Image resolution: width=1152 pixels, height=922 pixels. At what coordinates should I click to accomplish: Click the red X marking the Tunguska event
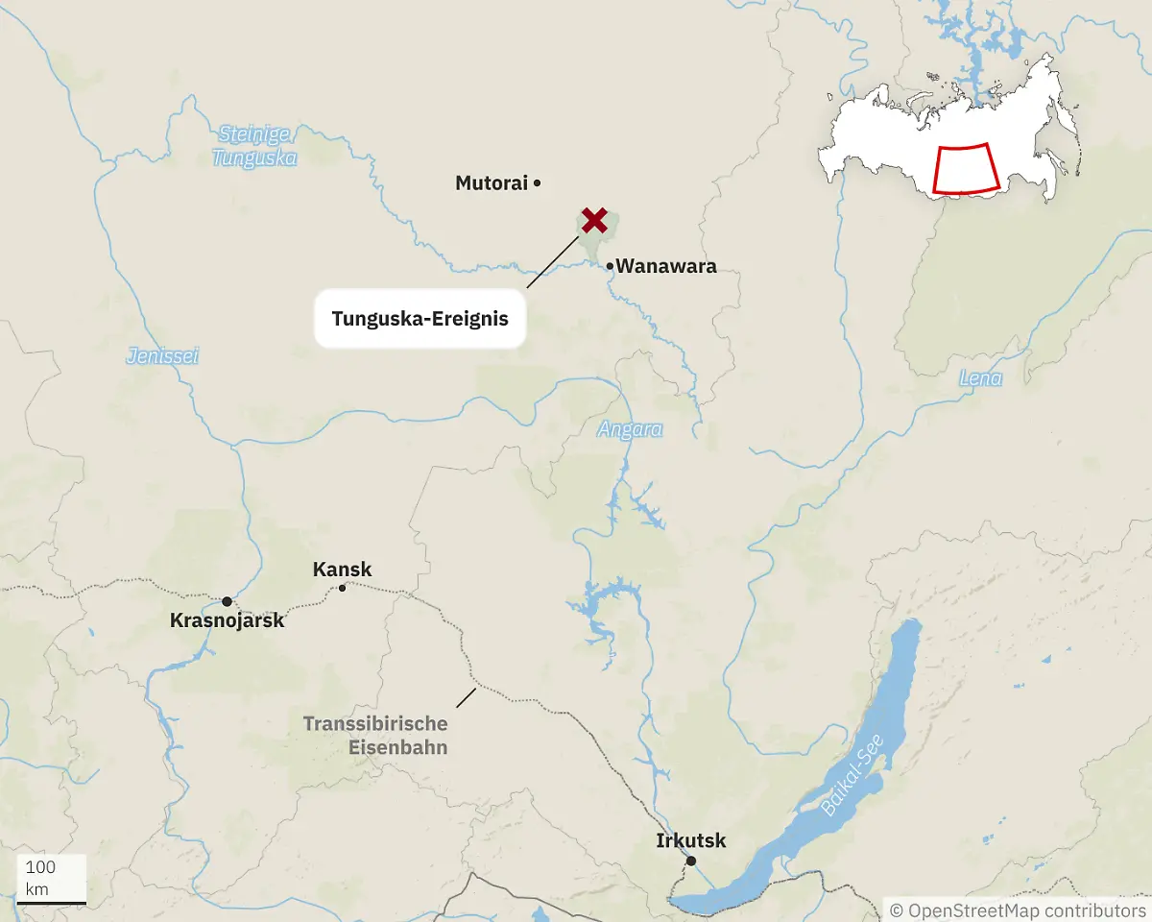click(x=594, y=220)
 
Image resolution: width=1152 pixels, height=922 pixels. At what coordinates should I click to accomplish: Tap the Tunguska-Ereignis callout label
click(x=420, y=318)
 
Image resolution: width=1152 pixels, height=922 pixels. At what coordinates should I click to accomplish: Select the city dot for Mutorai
click(x=538, y=182)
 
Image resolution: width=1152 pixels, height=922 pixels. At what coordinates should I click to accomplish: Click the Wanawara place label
click(x=666, y=267)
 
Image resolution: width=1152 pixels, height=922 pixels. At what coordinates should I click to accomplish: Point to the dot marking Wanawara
click(x=610, y=266)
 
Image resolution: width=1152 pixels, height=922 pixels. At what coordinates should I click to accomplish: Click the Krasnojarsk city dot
click(x=227, y=602)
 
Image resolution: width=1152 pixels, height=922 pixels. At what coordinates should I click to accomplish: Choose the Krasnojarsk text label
click(x=228, y=620)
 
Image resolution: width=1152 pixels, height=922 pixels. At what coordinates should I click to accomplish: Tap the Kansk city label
click(x=342, y=570)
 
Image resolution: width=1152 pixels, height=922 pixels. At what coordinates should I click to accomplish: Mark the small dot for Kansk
click(x=342, y=588)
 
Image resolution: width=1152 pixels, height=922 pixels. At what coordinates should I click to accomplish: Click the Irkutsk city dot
click(x=690, y=861)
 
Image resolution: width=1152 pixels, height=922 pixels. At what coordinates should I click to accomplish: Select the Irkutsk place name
click(x=691, y=841)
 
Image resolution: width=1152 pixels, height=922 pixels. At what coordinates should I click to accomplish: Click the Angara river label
click(x=630, y=429)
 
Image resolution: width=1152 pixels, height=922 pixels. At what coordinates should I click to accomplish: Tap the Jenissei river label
click(x=162, y=356)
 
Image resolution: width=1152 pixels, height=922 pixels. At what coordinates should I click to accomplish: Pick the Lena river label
click(x=980, y=378)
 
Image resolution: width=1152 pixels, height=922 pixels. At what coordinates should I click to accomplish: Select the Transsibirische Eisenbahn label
click(x=375, y=735)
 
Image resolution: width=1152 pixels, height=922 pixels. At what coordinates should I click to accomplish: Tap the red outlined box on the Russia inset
click(x=966, y=169)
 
